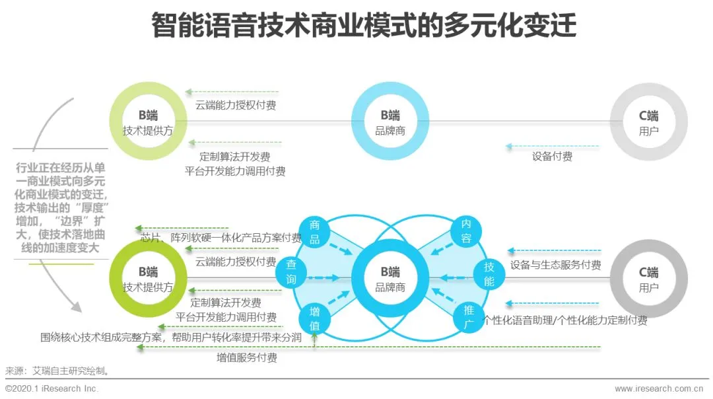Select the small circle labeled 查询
point(292,272)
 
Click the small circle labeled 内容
point(466,232)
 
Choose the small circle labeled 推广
point(467,319)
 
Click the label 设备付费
point(552,157)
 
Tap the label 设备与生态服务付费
point(555,265)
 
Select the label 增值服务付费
point(247,358)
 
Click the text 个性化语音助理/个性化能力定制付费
point(565,320)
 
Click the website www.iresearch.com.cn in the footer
point(658,389)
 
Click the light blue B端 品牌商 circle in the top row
point(390,122)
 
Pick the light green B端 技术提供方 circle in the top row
point(148,122)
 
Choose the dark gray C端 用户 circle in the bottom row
point(648,279)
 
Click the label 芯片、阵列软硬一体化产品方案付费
point(221,238)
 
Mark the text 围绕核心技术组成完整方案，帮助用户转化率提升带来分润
point(171,337)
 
